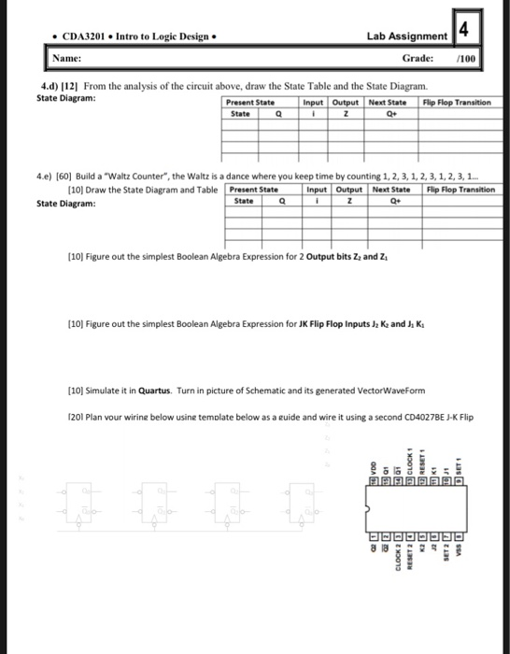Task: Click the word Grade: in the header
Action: [x=417, y=59]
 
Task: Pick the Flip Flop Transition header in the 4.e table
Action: [x=460, y=190]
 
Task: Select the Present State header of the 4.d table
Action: [x=251, y=101]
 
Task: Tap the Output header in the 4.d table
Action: [x=347, y=101]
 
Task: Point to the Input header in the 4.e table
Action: [x=321, y=190]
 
